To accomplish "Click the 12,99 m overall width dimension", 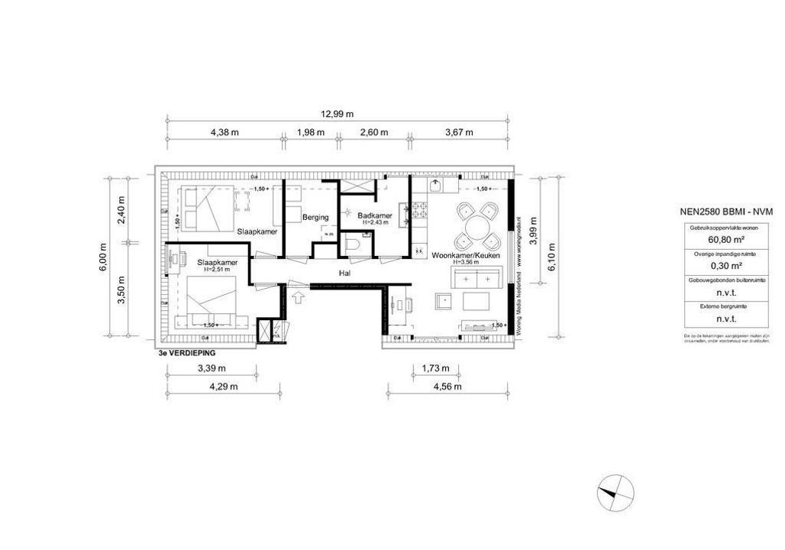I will point(337,114).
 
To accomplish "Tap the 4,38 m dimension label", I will point(225,132).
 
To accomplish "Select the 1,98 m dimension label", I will point(310,132).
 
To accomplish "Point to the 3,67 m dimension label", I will point(458,132).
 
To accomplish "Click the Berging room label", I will point(315,218).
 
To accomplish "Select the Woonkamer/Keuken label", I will point(466,256).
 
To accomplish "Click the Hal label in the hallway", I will point(345,272).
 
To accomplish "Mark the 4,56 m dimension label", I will point(447,387).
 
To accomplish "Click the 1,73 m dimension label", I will point(435,369).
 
